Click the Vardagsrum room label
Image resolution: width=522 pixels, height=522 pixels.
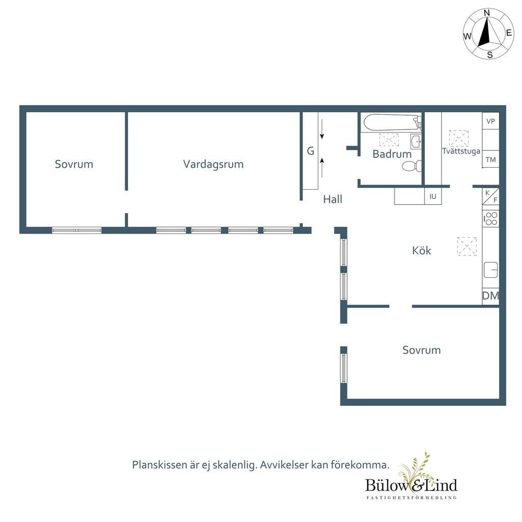coord(214,164)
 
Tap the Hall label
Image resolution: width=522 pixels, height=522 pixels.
coord(332,199)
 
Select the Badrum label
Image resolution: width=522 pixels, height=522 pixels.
coord(392,154)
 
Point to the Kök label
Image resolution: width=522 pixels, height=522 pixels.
coord(422,250)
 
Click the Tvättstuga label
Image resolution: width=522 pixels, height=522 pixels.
coord(461,151)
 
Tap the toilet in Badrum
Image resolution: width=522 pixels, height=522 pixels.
coord(412,166)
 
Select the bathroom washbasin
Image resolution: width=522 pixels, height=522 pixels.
coord(415,142)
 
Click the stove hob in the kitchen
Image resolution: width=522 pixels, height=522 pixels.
coord(491,218)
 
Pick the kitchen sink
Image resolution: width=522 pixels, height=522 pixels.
coord(491,270)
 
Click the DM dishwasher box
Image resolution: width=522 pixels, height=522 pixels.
coord(491,296)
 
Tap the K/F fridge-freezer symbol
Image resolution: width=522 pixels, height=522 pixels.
coord(491,196)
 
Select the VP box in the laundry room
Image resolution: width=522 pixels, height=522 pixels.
coord(491,121)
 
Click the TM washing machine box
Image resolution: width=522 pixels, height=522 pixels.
coord(491,160)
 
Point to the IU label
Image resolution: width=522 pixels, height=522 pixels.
coord(433,196)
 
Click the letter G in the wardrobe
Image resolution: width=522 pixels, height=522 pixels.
coord(310,151)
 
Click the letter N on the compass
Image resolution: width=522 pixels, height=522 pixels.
coord(486,13)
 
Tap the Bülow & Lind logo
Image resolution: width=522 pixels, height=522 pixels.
coord(411,478)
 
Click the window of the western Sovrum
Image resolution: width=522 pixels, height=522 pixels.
coord(76,230)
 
